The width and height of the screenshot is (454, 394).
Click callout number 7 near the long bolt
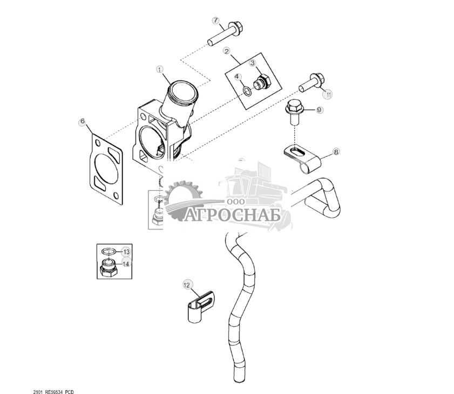coord(216,20)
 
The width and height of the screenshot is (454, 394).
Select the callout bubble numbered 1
coord(160,70)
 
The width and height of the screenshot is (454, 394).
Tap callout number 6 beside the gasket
coord(83,121)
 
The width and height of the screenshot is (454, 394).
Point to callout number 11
coord(328,94)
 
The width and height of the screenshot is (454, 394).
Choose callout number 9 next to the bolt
coord(319,110)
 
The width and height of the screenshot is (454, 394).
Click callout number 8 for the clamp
coord(336,152)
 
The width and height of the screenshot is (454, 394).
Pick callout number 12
coord(187,285)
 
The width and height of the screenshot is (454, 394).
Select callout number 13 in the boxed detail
coord(126,252)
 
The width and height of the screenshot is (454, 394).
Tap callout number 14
coord(126,264)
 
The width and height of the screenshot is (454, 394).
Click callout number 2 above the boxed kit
coord(227,51)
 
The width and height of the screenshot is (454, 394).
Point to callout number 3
coord(253,63)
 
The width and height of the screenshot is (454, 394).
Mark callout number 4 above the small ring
coord(238,77)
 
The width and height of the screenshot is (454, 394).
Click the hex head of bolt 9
coord(294,106)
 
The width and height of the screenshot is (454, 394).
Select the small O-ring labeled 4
coord(247,91)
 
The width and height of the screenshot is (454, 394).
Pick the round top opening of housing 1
coord(184,91)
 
